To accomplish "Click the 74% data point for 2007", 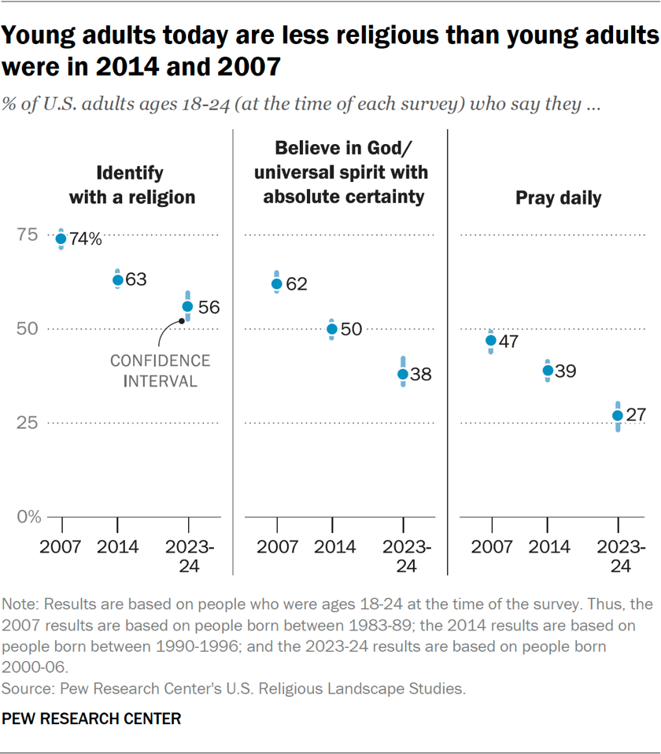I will point(61,239).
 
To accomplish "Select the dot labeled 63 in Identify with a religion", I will point(118,279).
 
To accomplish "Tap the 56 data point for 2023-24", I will point(188,306).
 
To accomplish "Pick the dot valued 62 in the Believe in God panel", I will point(276,284).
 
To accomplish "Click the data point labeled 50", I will point(332,329).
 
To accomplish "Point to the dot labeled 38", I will point(403,374).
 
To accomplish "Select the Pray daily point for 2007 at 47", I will point(491,341).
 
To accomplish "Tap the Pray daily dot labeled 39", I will point(548,370).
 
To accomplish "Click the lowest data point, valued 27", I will point(618,416).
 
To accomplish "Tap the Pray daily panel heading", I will point(558,198).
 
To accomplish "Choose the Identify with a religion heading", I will point(131,185).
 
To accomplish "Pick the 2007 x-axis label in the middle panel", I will point(276,547).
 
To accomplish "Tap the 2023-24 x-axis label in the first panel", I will point(188,556).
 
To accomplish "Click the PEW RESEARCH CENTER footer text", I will point(92,719).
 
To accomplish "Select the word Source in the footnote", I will point(24,689).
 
